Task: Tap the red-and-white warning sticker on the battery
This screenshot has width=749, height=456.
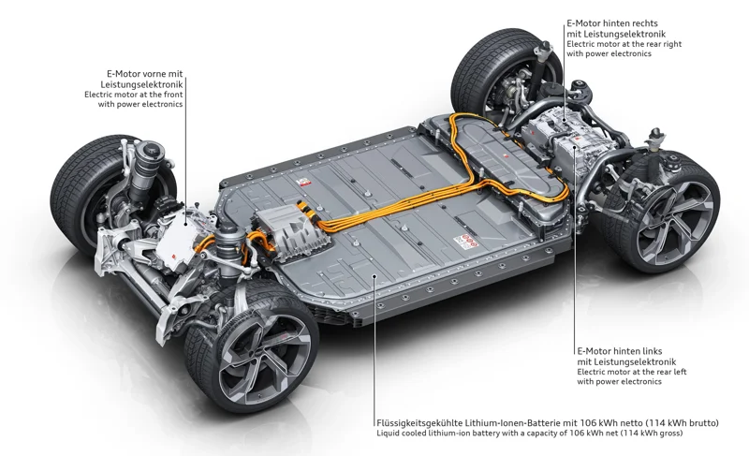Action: [465, 242]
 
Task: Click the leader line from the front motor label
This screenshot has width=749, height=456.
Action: [184, 159]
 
